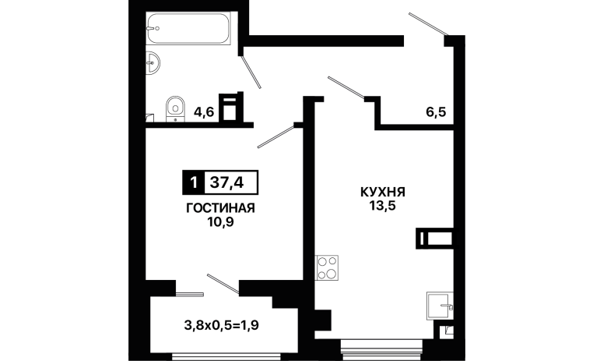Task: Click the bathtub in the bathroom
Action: click(x=188, y=28)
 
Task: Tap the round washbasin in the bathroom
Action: click(x=153, y=63)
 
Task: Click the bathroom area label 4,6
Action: click(x=204, y=112)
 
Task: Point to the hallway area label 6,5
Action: click(x=436, y=112)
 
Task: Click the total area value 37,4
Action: click(x=226, y=183)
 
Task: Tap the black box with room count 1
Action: click(x=194, y=182)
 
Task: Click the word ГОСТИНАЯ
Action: click(x=220, y=208)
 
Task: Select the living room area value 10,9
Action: click(x=220, y=222)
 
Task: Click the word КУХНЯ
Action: click(x=383, y=192)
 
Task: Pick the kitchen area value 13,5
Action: click(x=383, y=206)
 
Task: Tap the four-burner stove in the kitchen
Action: click(x=327, y=267)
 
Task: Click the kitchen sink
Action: click(x=440, y=306)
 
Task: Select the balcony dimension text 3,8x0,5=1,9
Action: click(x=222, y=325)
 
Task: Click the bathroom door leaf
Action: click(x=251, y=72)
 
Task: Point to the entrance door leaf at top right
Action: click(x=428, y=24)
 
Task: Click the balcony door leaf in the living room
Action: click(x=223, y=283)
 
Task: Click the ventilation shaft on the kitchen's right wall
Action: click(x=434, y=239)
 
